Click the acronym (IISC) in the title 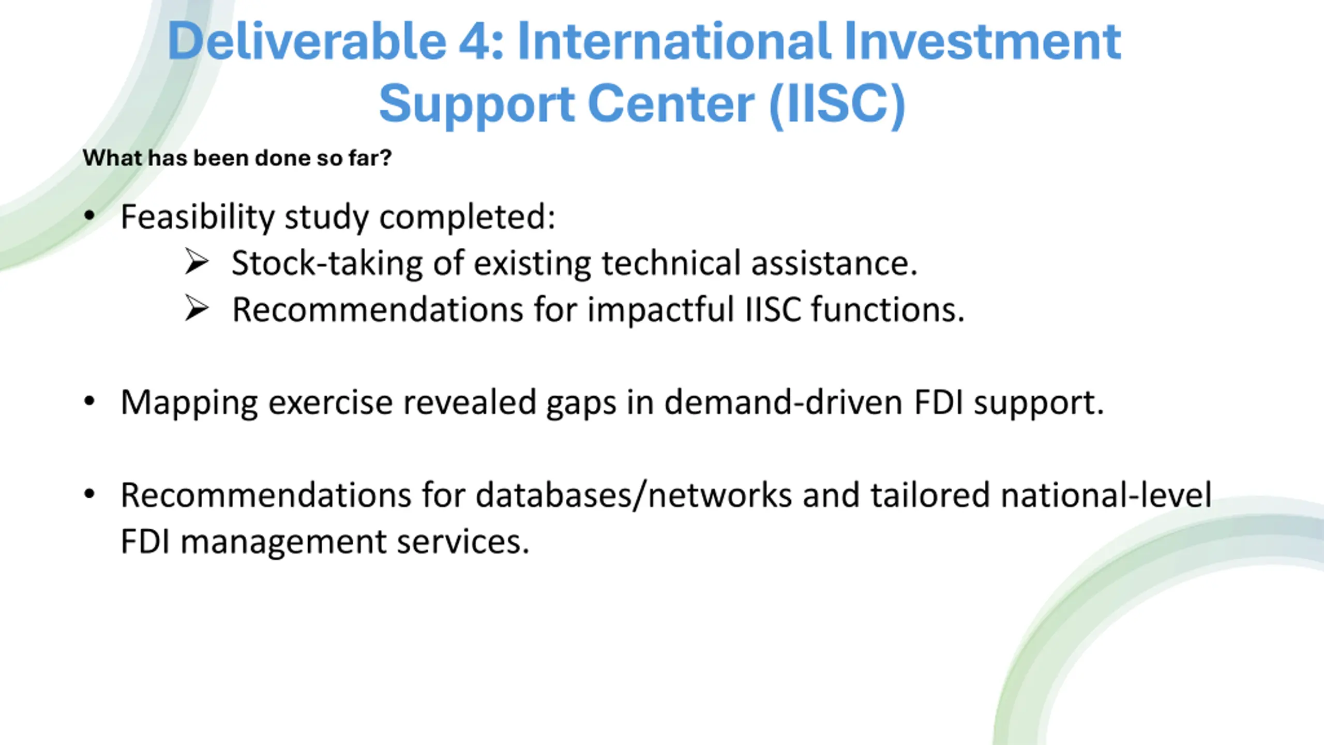tap(837, 104)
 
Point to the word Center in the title tap(671, 103)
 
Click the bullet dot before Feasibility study tap(89, 216)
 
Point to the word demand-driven tap(784, 402)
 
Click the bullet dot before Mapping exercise tap(89, 401)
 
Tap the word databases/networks tap(634, 495)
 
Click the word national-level tap(1106, 495)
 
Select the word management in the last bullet tap(284, 543)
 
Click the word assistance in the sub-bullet tap(834, 263)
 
